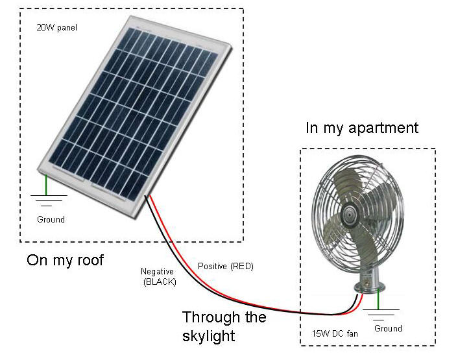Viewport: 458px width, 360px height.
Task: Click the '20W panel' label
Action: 58,28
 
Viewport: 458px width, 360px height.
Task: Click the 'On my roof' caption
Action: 65,261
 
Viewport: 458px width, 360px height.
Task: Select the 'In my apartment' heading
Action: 362,128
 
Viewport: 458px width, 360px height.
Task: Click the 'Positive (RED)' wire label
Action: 224,267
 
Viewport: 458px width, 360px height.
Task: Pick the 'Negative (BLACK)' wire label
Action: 158,276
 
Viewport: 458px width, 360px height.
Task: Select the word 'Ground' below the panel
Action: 51,219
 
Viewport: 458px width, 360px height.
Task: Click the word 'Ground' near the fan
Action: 388,328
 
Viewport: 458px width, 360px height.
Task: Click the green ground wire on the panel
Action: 46,182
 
